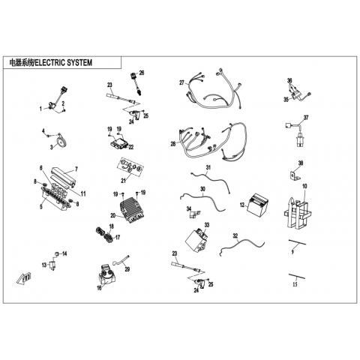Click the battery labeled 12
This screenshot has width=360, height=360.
[257, 204]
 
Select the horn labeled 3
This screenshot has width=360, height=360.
[61, 140]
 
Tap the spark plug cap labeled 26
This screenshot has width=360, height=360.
[136, 83]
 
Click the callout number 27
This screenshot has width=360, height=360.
[181, 82]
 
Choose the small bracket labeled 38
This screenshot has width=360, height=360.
[295, 175]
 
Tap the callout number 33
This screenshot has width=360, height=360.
[206, 225]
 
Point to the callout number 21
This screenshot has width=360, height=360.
[123, 181]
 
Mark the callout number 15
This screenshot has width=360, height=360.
[295, 284]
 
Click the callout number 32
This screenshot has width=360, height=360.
[235, 235]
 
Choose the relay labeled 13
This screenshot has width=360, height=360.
[52, 265]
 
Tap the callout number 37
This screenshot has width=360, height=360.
[306, 117]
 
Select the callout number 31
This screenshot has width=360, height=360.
[208, 167]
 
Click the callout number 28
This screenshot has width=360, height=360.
[173, 144]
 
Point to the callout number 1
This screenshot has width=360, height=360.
[40, 109]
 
